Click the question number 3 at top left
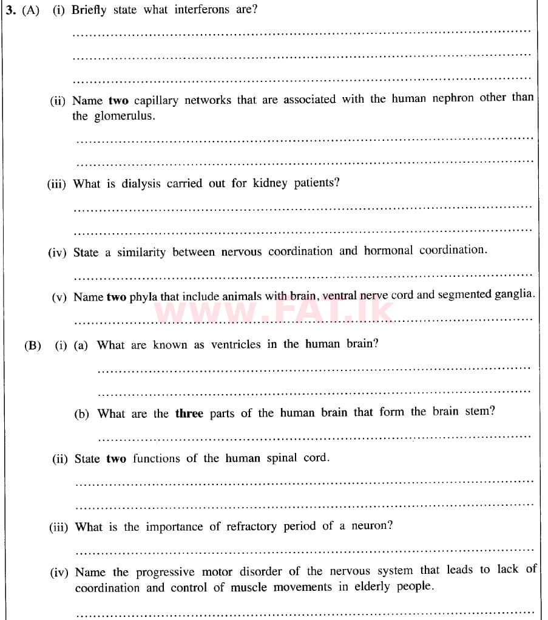click(9, 10)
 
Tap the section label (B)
click(32, 346)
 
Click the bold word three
click(189, 414)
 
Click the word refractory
click(252, 526)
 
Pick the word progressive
click(165, 572)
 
